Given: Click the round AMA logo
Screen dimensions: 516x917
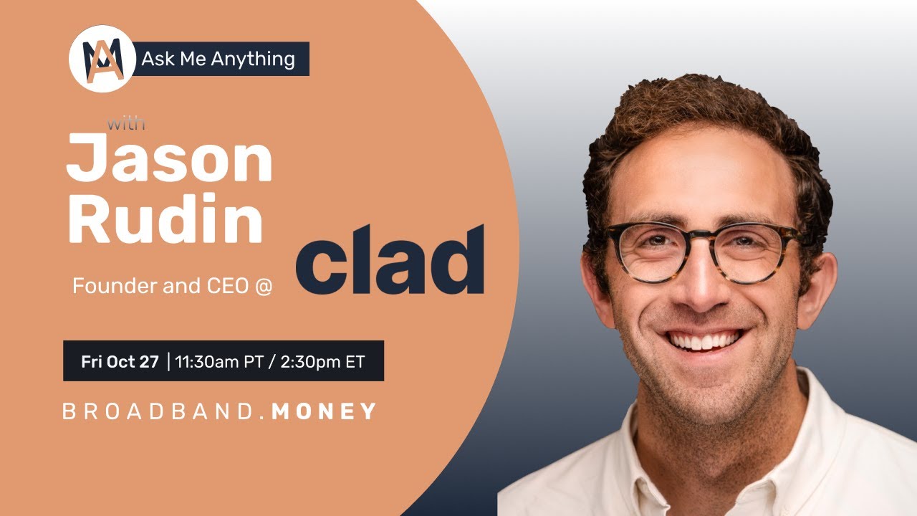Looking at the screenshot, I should pyautogui.click(x=102, y=58).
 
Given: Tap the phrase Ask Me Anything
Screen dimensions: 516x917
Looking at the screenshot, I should pyautogui.click(x=218, y=59).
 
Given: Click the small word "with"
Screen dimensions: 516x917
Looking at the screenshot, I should pyautogui.click(x=126, y=123).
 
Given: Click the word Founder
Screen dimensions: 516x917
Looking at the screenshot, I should pyautogui.click(x=105, y=286).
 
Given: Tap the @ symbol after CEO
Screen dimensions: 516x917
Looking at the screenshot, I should pyautogui.click(x=272, y=287).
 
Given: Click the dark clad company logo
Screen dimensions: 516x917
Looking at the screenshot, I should pyautogui.click(x=390, y=262).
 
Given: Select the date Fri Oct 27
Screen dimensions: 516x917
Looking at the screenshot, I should pyautogui.click(x=120, y=362).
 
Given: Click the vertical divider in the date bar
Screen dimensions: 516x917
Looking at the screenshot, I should pyautogui.click(x=168, y=361).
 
